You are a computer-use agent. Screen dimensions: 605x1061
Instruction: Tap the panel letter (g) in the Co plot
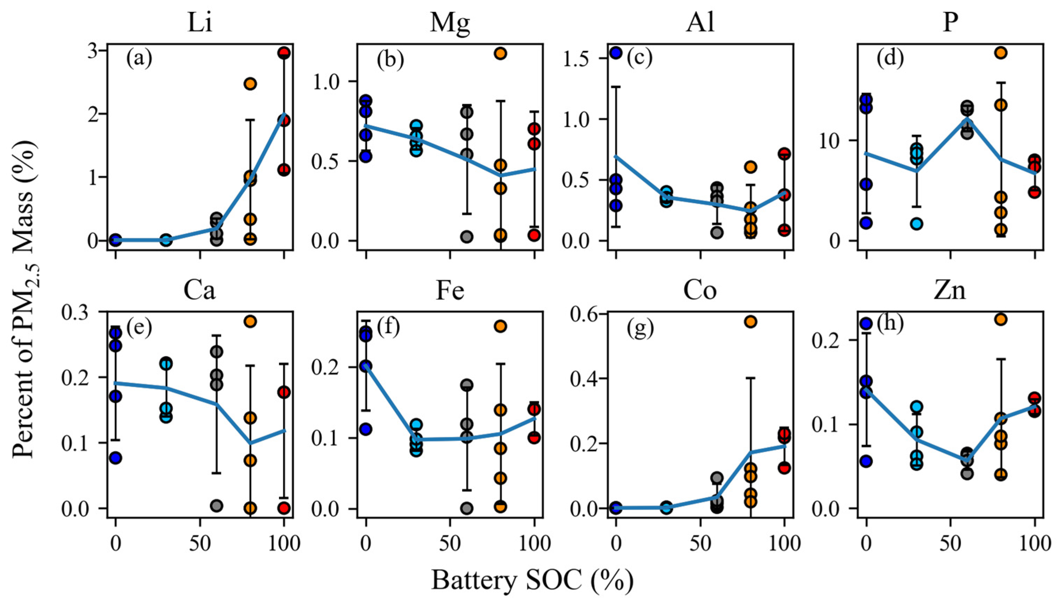[640, 328]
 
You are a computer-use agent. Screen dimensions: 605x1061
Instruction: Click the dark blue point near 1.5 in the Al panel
[616, 52]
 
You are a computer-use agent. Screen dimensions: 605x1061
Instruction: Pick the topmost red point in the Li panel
[284, 53]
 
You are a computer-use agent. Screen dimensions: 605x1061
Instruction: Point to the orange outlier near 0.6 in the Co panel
[751, 322]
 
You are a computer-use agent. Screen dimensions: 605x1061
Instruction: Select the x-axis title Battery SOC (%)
[532, 580]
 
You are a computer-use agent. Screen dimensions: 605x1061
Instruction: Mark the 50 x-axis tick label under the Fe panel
[450, 543]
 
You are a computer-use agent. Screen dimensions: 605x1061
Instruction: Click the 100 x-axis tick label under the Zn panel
[1034, 543]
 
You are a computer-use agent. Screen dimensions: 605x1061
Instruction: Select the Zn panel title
[950, 291]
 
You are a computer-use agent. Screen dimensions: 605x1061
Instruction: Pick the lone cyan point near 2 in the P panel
[917, 223]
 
